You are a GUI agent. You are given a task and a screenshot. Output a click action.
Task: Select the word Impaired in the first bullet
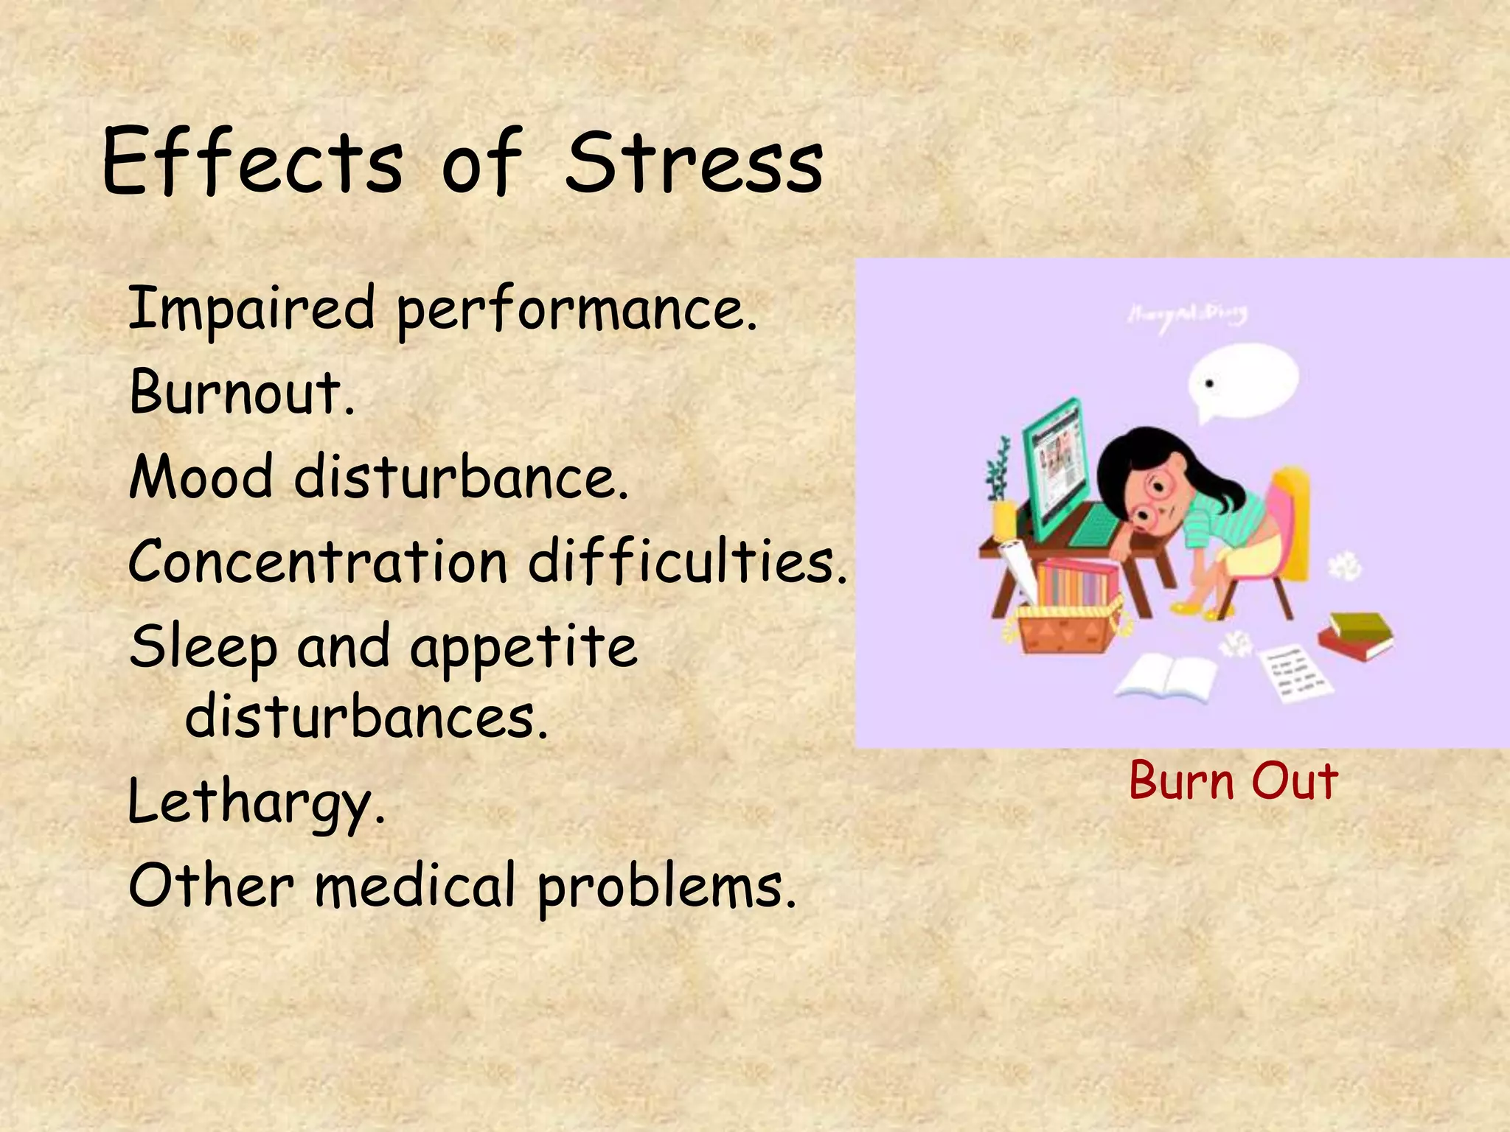(x=251, y=310)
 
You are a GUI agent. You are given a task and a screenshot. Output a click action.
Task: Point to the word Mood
(x=201, y=478)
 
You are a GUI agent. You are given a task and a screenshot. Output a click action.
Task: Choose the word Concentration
(x=317, y=562)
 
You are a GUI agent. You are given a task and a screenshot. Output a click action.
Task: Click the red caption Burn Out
(x=1233, y=781)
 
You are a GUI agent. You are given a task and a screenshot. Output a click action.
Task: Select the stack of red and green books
(x=1355, y=635)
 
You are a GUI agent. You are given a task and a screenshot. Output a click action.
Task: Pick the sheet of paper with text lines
(x=1295, y=671)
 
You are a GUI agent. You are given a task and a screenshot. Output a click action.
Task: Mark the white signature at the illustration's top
(x=1187, y=315)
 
